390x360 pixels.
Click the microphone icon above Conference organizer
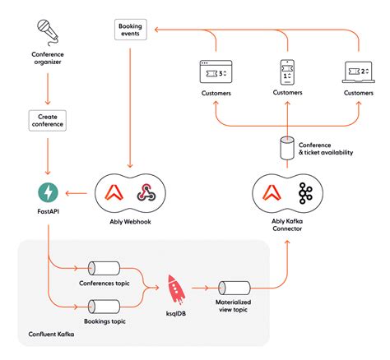(48, 30)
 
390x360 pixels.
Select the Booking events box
(130, 31)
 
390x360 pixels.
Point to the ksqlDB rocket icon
(175, 288)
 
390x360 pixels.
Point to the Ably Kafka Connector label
(287, 226)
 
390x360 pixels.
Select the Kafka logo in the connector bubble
(308, 193)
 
